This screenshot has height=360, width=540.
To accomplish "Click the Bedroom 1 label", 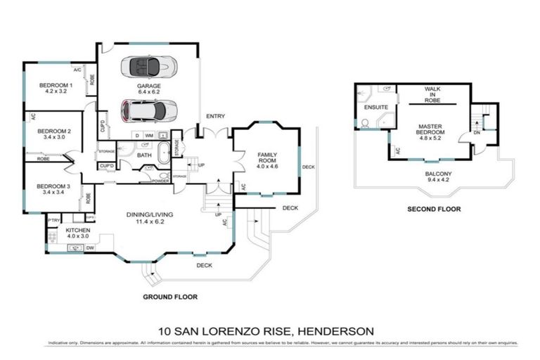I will point(59,84).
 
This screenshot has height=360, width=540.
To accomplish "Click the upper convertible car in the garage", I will point(148,67).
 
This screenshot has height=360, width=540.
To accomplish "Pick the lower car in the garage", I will point(148,110).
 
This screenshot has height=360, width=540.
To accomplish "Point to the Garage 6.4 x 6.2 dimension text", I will point(148,92).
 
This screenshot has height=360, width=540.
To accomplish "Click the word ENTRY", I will point(214,116).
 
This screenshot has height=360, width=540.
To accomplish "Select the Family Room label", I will point(268,157).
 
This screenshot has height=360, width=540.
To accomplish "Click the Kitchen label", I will point(77,230).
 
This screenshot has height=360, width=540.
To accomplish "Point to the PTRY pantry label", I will point(53,220).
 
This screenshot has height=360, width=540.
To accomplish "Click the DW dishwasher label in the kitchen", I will point(90,247).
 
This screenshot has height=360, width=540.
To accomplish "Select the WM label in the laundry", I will point(149,135).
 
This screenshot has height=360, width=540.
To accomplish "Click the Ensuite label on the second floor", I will point(371,108).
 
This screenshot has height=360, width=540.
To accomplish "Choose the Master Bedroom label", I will point(430,129).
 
